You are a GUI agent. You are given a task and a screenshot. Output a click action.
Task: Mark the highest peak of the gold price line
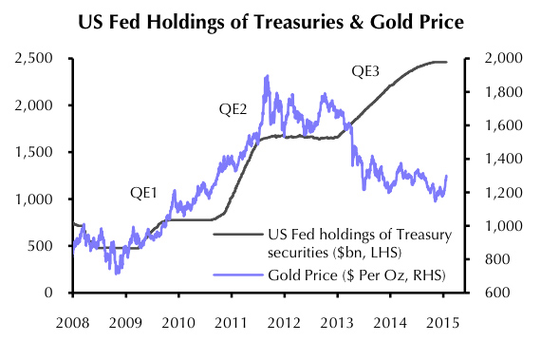point(268,76)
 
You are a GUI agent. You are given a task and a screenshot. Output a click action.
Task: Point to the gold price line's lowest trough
point(118,273)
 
